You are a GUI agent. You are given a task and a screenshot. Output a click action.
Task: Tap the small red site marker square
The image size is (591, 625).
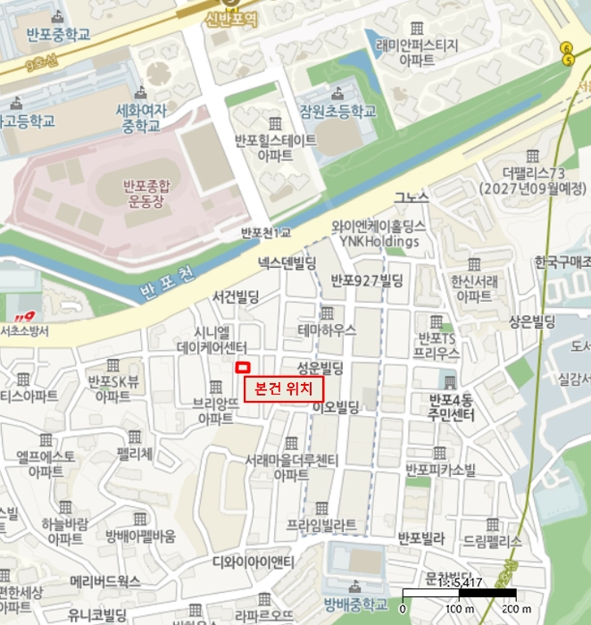tap(240, 367)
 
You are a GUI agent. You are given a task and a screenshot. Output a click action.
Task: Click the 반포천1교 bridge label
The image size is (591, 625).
tap(266, 233)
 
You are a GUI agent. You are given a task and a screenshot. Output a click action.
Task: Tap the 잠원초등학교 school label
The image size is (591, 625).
tap(338, 112)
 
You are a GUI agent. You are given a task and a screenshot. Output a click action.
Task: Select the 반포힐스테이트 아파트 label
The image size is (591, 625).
tap(275, 147)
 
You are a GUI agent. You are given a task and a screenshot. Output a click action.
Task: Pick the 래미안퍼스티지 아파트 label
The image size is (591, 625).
tap(418, 52)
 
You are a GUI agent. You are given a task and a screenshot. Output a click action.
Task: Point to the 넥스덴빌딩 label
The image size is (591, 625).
tap(287, 262)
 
